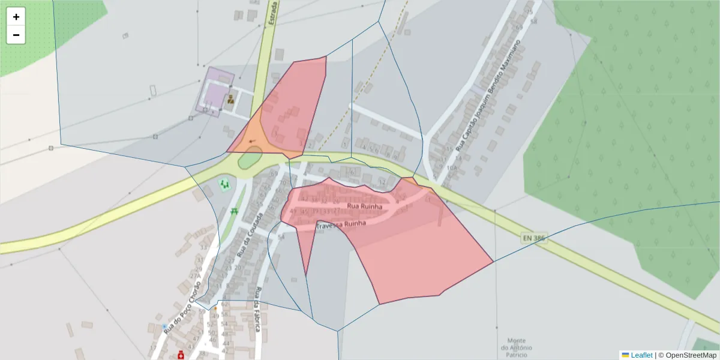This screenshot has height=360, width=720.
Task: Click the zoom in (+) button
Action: coord(16,17)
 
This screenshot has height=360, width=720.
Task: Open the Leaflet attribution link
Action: coord(641,355)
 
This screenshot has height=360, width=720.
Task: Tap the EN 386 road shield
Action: coord(534,238)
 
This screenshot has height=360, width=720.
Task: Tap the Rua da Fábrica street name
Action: coord(257,310)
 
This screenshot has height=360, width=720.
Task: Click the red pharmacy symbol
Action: coord(181,355)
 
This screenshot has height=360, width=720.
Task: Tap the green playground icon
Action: coord(224,184)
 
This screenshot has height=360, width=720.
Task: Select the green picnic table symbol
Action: coord(233,211)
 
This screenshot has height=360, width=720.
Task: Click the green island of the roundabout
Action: coord(250,160)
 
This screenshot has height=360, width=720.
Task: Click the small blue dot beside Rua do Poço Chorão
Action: coord(164,326)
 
